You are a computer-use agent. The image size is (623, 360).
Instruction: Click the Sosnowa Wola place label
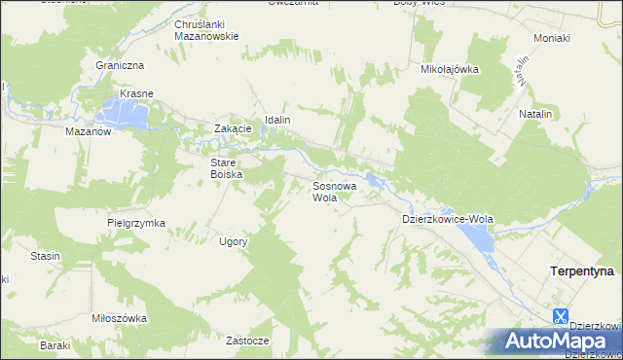tap(334, 191)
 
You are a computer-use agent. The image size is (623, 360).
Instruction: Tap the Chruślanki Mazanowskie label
tap(206, 29)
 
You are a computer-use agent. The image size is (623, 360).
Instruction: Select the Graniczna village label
tap(120, 65)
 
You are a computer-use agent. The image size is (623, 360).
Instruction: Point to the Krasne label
tap(138, 94)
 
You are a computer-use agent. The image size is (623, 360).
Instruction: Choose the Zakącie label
tap(234, 128)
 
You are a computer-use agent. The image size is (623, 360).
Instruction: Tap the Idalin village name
tap(273, 120)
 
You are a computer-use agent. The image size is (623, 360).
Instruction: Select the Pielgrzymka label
tap(136, 223)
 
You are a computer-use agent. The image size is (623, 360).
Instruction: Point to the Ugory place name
tap(234, 241)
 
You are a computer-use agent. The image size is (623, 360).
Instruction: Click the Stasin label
tap(45, 256)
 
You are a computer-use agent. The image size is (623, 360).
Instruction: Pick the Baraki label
tap(55, 345)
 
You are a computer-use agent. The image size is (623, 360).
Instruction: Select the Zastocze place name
tap(247, 342)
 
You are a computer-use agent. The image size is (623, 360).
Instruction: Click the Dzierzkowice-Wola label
tap(448, 220)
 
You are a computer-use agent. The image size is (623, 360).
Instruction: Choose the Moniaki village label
tap(552, 38)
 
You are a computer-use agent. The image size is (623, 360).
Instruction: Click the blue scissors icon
tap(560, 315)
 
